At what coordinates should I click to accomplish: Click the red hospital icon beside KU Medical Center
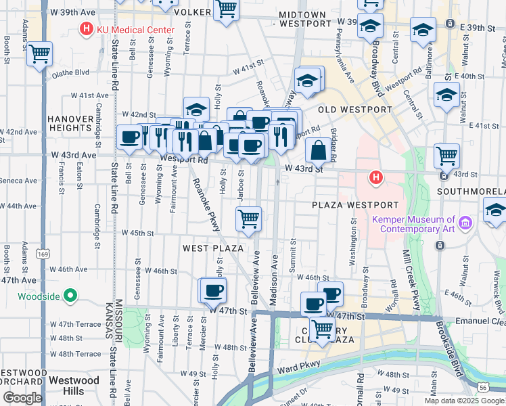[x=86, y=29]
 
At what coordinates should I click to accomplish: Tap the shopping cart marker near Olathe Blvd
[x=40, y=54]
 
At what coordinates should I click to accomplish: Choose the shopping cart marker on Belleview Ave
[x=248, y=219]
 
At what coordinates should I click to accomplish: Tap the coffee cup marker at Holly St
[x=214, y=290]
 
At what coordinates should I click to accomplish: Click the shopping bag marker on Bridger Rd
[x=318, y=150]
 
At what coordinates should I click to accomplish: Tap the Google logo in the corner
[x=22, y=398]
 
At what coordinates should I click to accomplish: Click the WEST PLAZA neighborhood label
[x=212, y=249]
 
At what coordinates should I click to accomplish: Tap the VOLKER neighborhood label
[x=192, y=12]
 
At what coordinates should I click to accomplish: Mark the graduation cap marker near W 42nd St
[x=196, y=110]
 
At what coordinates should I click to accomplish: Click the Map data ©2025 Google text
[x=464, y=401]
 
